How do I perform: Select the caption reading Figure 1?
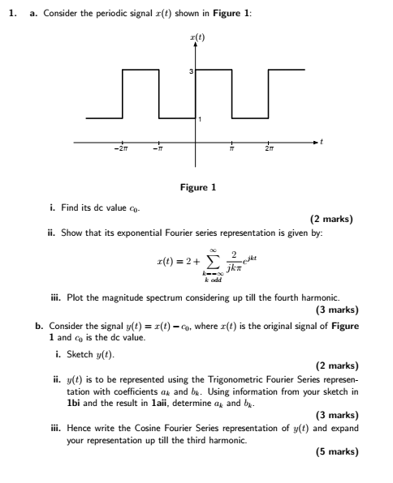point(198,188)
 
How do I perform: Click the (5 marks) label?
point(337,451)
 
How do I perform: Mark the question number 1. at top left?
point(12,11)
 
